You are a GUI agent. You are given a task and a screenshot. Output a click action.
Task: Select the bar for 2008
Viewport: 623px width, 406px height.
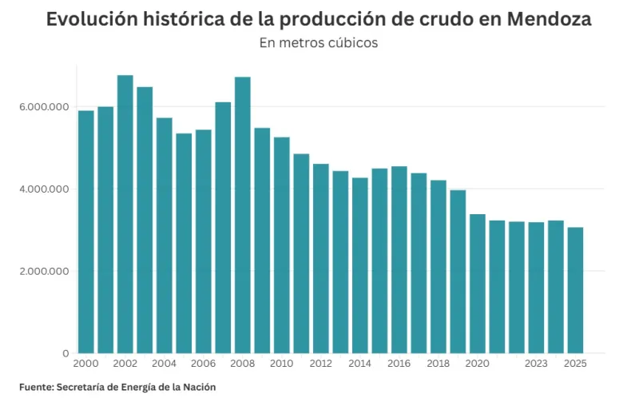(x=243, y=215)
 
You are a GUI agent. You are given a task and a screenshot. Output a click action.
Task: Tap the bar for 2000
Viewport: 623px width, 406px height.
(x=86, y=232)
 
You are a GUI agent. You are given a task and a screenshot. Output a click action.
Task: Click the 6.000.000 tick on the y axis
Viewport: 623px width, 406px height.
(x=44, y=107)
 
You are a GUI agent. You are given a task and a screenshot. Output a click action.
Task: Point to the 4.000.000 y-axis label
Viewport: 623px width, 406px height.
(x=44, y=189)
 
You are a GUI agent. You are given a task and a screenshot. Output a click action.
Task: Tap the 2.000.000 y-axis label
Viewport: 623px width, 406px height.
(x=44, y=271)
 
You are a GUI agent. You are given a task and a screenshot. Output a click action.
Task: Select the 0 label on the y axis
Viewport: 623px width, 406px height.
(x=66, y=353)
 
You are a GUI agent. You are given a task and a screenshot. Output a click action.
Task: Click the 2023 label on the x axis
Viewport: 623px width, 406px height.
(x=536, y=364)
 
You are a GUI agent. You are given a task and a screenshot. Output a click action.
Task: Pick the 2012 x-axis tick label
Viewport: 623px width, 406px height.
(x=321, y=364)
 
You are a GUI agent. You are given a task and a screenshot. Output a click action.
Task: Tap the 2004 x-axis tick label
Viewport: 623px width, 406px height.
(x=165, y=364)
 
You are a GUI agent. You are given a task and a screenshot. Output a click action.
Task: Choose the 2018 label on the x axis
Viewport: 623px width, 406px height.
(x=438, y=364)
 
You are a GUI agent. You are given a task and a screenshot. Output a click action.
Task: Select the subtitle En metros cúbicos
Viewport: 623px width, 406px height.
(x=319, y=43)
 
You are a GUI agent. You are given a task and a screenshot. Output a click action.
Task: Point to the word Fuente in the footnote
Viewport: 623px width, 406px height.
(x=36, y=387)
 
